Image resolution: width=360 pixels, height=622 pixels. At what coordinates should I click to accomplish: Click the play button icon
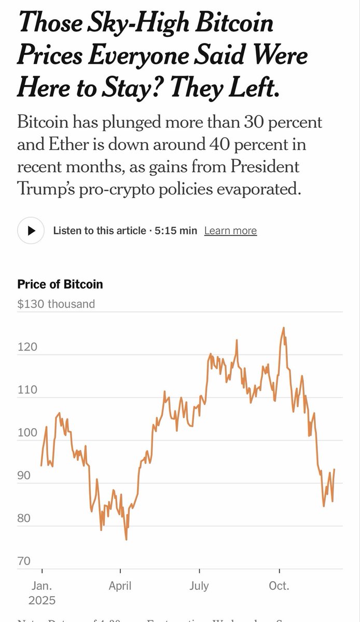click(x=31, y=230)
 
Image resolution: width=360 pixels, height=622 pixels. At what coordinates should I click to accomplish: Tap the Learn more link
click(x=230, y=231)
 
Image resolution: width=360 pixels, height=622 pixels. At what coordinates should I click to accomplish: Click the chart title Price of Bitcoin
click(x=60, y=284)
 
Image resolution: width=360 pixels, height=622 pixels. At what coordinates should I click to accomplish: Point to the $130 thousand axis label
click(x=56, y=304)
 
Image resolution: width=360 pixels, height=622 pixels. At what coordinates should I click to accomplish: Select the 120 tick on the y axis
click(x=27, y=347)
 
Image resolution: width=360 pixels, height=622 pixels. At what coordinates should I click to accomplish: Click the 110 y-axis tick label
click(x=27, y=390)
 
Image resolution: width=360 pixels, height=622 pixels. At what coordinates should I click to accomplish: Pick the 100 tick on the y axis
click(x=27, y=433)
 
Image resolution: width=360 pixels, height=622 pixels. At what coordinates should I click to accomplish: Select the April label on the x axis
click(x=120, y=586)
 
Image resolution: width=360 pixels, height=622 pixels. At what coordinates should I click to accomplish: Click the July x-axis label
click(x=199, y=586)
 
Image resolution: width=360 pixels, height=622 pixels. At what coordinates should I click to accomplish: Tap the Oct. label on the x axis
click(x=279, y=586)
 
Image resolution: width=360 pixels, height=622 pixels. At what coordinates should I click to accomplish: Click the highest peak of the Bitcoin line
click(x=283, y=328)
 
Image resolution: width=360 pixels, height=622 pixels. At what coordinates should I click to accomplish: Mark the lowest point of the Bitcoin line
click(x=126, y=540)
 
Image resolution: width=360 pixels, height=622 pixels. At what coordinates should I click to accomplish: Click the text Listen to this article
click(x=100, y=231)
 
